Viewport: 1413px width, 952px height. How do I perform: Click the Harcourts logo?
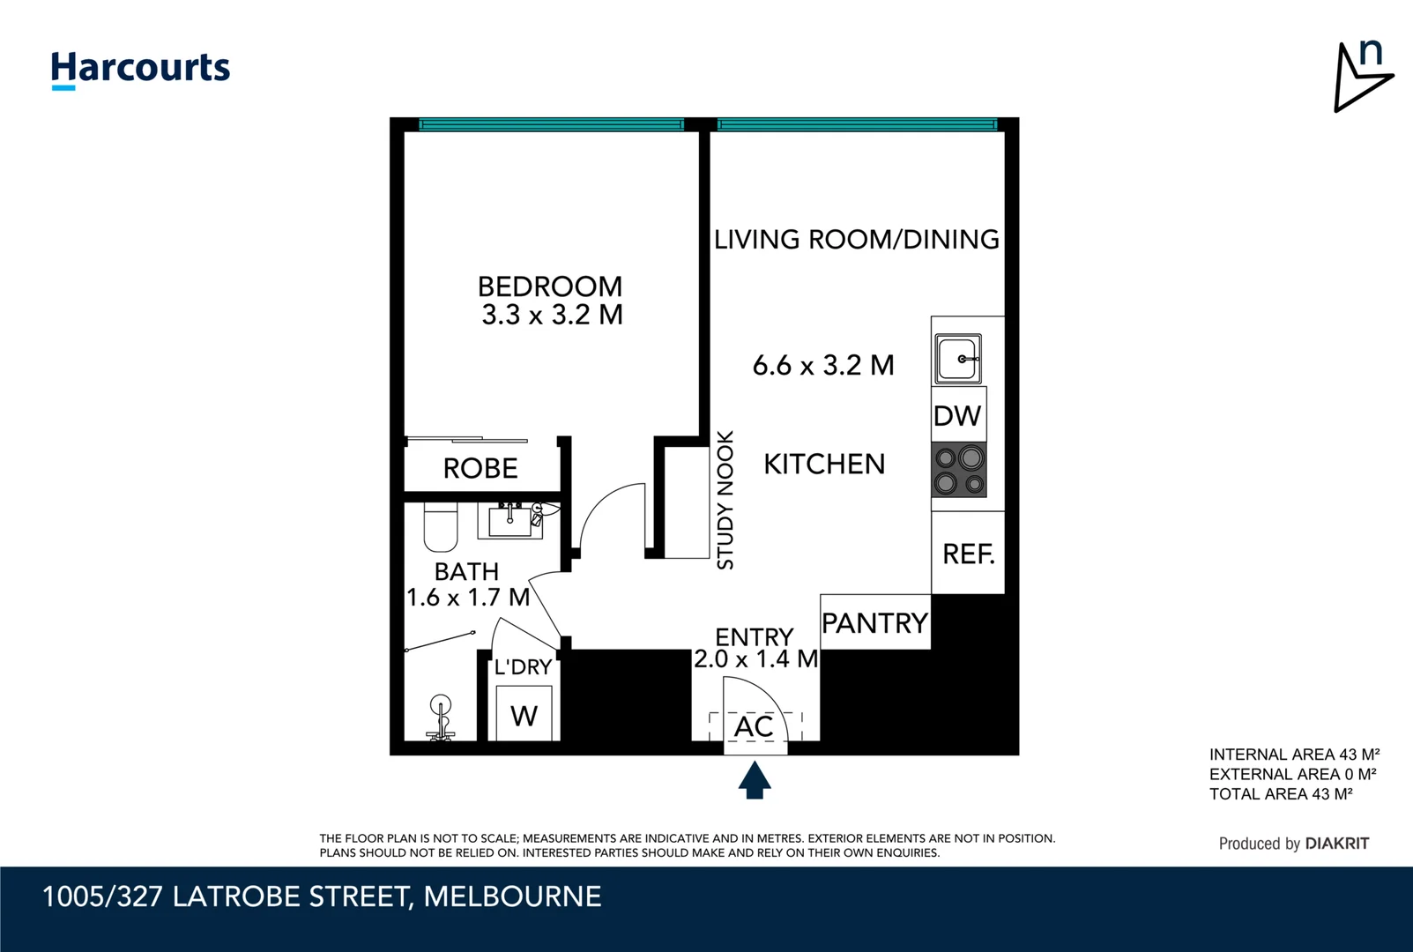(x=140, y=69)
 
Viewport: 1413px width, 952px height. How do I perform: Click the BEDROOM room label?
(x=549, y=286)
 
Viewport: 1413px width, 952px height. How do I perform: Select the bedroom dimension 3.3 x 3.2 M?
(x=552, y=315)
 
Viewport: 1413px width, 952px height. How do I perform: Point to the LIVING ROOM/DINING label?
(x=856, y=240)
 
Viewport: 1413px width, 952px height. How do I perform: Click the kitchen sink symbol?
(x=957, y=359)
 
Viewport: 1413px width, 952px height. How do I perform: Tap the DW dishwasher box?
(x=958, y=415)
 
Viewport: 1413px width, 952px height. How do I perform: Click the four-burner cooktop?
(x=959, y=470)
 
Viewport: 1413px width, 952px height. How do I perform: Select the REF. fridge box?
(x=968, y=554)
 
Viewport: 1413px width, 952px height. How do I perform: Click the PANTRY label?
(x=874, y=623)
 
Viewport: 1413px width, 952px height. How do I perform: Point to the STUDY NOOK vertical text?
(x=725, y=500)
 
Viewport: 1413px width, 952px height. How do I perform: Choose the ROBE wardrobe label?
(x=480, y=468)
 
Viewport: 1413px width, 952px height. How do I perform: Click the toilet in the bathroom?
(x=440, y=527)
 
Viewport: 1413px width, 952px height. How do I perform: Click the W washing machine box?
(x=524, y=715)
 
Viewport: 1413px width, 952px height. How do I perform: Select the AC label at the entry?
(x=754, y=727)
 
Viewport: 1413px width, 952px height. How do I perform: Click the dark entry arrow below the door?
(x=754, y=780)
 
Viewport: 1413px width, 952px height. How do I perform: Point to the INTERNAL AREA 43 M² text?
(x=1293, y=755)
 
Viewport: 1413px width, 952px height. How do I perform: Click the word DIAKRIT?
(x=1336, y=844)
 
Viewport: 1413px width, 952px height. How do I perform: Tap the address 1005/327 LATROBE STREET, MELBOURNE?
(x=322, y=896)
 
